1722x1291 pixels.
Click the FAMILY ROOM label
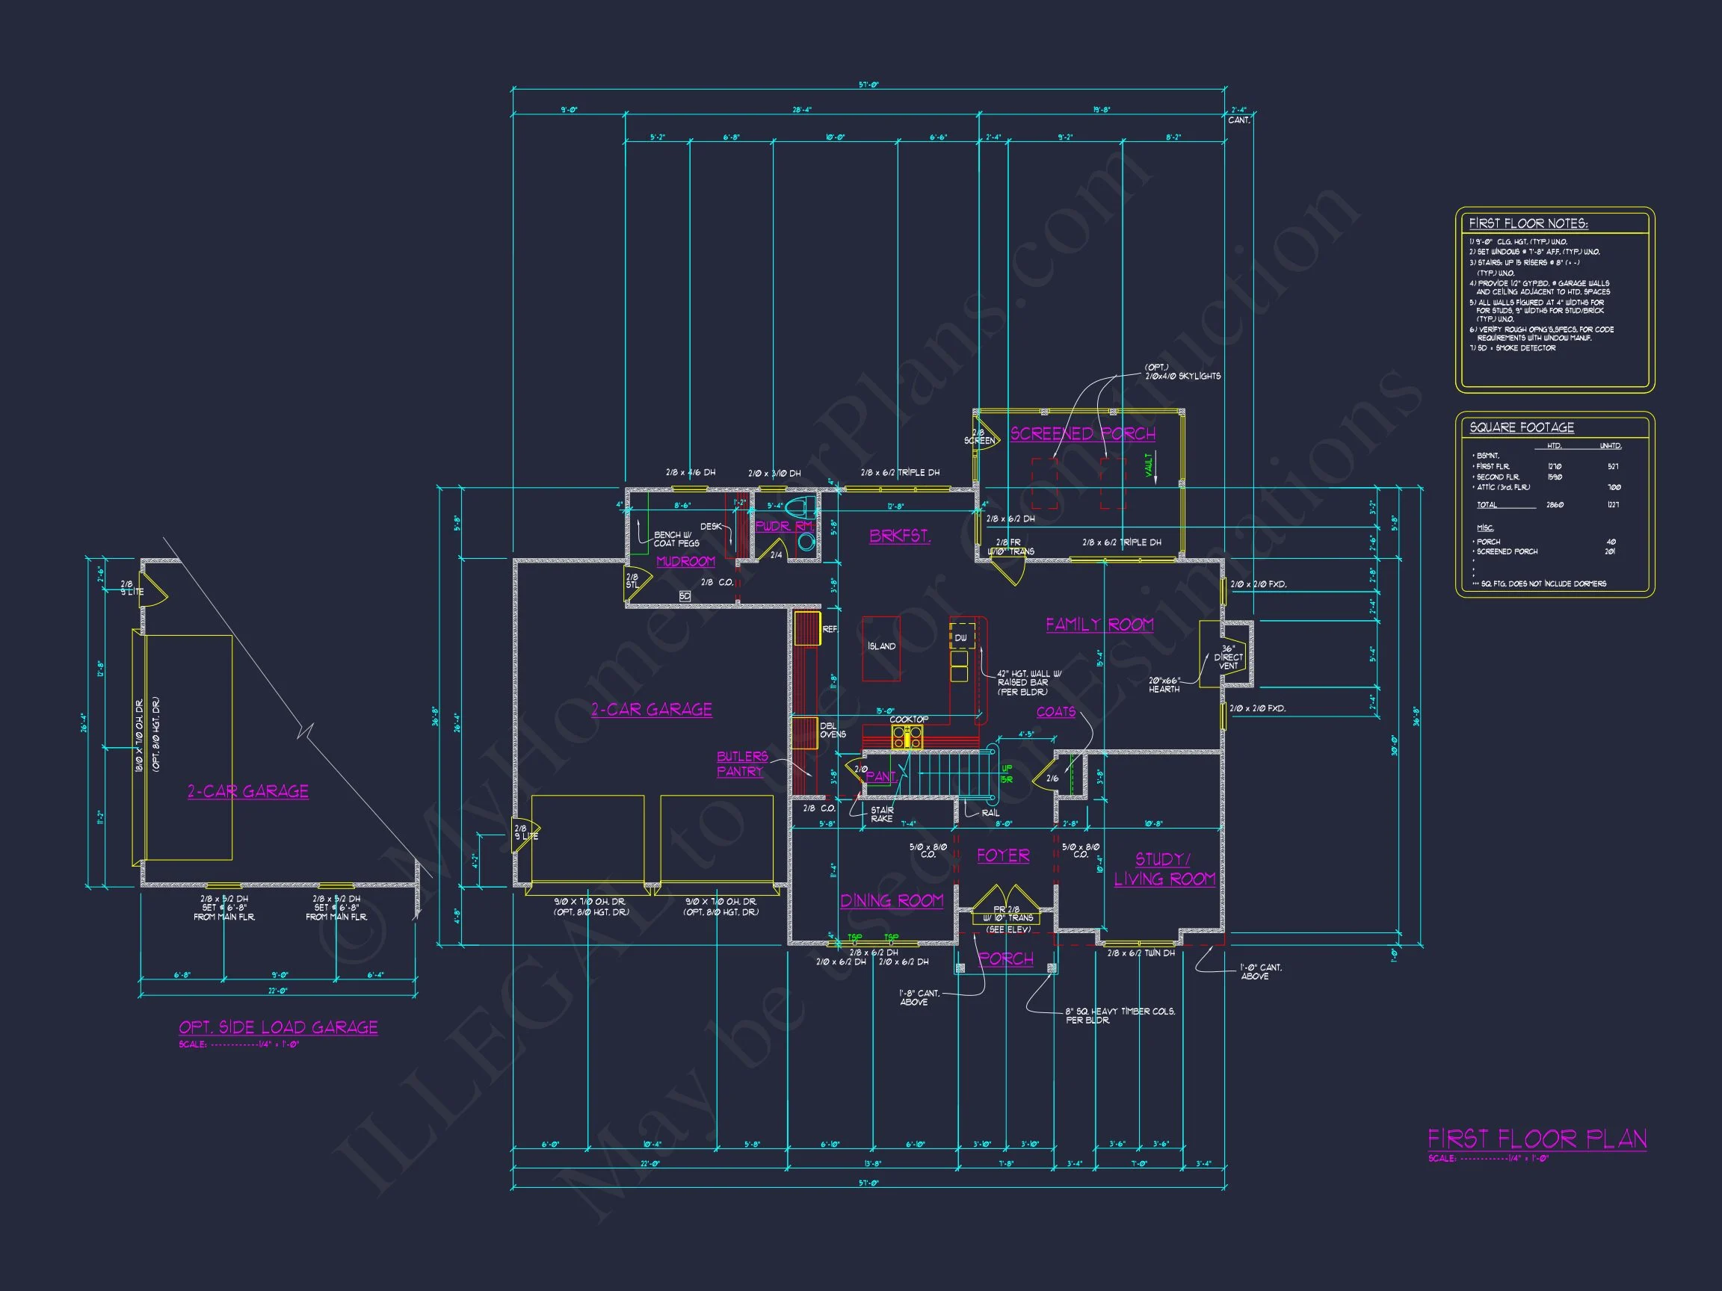tap(1099, 624)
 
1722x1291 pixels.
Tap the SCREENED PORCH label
tap(1082, 433)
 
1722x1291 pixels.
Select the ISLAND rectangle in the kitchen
tap(881, 648)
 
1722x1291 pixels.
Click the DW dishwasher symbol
tap(961, 637)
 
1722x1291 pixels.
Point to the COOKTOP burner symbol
tap(907, 737)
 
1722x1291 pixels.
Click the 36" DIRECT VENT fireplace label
tap(1228, 657)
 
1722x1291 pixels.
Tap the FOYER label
tap(1003, 855)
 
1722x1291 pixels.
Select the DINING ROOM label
tap(892, 900)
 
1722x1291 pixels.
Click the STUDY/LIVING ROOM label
tap(1164, 869)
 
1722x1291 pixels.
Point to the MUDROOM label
tap(685, 561)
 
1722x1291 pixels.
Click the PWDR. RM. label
tap(784, 526)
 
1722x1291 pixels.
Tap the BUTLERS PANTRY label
tap(741, 764)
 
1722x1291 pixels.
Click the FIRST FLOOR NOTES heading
tap(1528, 223)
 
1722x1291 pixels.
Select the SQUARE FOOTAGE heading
tap(1521, 427)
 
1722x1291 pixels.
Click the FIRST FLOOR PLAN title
tap(1537, 1139)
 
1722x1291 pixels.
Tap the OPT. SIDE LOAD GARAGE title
tap(278, 1027)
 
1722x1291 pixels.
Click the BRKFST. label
tap(899, 536)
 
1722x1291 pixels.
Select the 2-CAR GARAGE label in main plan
tap(651, 709)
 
